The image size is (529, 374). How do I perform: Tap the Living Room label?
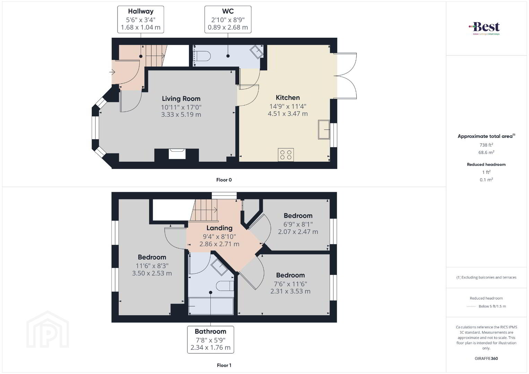click(181, 99)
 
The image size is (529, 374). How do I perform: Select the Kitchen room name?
click(288, 97)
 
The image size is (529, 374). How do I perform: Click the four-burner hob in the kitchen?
click(286, 155)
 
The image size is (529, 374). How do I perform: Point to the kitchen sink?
click(324, 130)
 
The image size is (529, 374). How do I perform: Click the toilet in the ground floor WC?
click(201, 56)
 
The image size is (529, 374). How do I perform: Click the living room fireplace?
click(177, 154)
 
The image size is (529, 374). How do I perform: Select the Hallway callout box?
click(140, 19)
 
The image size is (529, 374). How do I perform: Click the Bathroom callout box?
click(210, 340)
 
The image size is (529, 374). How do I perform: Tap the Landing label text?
click(219, 228)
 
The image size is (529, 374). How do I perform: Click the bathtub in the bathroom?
click(211, 306)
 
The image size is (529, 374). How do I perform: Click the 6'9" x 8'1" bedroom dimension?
click(298, 224)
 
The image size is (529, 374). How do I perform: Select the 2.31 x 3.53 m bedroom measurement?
click(290, 291)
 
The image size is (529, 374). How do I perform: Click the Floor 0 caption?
click(224, 180)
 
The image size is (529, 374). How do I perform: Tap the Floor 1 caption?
click(224, 365)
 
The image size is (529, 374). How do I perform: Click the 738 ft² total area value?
click(486, 145)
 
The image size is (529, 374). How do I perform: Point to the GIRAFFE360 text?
click(486, 358)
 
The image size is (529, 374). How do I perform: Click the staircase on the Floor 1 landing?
click(204, 210)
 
